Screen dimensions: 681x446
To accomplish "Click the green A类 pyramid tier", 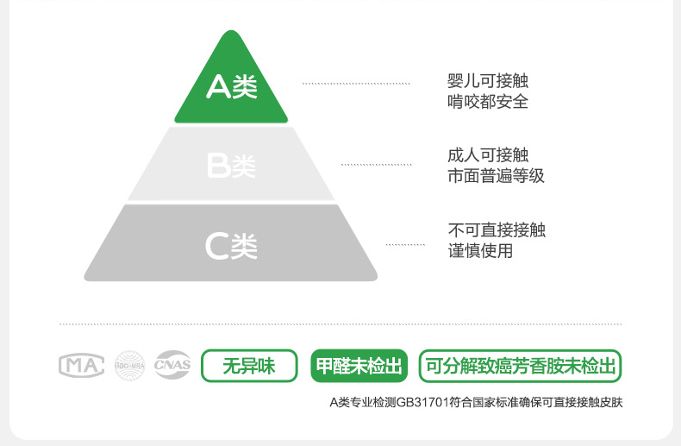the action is pos(230,86).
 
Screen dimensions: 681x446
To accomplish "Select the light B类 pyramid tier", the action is pos(231,165).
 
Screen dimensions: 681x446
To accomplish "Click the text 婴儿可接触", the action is pos(487,81).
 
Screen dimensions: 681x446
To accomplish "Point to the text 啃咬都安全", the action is pos(487,102).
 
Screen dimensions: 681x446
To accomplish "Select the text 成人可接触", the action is pos(487,155).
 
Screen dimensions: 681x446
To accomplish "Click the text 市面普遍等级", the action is pos(496,176).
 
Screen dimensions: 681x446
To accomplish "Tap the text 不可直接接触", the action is pos(496,230).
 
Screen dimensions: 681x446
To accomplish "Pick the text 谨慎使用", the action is pos(480,251).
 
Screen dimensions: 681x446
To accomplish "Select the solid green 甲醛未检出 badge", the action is pos(359,366).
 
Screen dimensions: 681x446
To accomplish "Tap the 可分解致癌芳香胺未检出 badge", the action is pos(521,366).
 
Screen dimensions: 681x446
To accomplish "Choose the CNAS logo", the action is pos(172,366).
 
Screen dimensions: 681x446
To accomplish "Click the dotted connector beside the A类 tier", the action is pos(356,84).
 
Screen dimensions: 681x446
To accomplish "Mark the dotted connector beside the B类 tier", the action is pos(375,164).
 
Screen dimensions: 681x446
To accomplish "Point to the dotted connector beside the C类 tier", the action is pos(405,245).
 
